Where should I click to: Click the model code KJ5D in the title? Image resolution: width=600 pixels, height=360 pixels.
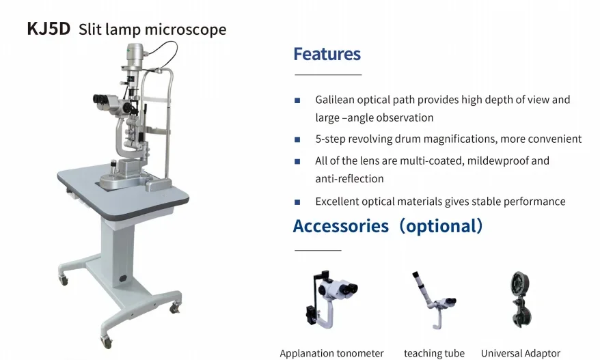(49, 29)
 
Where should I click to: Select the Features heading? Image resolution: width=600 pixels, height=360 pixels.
(327, 54)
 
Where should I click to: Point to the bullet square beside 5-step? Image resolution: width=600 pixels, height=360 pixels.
(297, 139)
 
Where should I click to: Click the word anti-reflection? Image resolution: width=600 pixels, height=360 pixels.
(349, 179)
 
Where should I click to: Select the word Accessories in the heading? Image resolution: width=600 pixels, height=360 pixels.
(340, 226)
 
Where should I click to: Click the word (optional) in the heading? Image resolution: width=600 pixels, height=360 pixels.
(441, 226)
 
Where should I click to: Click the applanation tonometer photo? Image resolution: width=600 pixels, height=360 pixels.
(331, 300)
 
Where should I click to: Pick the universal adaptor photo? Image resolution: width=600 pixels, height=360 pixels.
(521, 299)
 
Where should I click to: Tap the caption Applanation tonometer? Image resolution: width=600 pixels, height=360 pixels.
(331, 353)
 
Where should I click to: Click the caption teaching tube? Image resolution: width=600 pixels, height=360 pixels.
(435, 353)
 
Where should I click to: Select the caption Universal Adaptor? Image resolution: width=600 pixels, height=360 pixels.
(521, 353)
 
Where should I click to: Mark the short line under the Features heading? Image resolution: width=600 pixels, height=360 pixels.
(328, 74)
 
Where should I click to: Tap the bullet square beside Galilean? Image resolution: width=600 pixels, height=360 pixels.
(297, 100)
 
